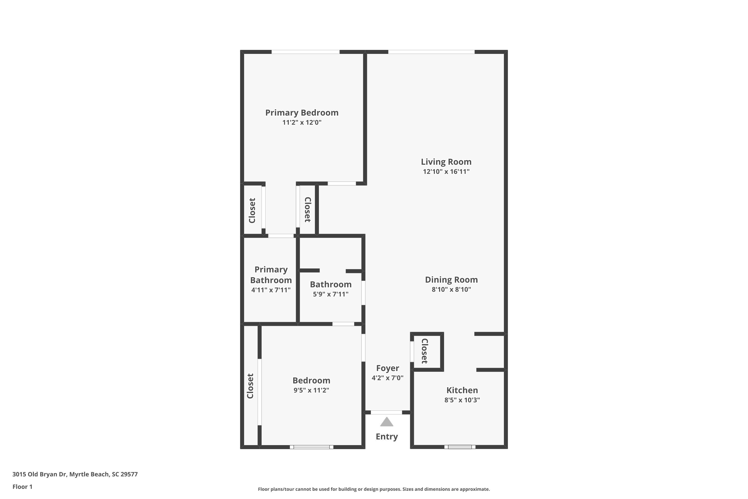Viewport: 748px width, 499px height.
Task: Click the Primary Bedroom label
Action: click(x=301, y=113)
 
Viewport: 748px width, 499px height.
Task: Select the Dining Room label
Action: click(x=451, y=280)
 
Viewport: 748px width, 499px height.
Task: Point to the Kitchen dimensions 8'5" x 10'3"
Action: click(x=462, y=400)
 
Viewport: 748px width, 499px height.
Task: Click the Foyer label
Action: click(x=387, y=368)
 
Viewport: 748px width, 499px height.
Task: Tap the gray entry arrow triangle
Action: click(x=387, y=422)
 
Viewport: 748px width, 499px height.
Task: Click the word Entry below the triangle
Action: click(x=387, y=437)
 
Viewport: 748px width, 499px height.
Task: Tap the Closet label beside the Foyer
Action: click(x=425, y=351)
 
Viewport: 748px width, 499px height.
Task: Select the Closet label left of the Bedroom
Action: click(x=250, y=386)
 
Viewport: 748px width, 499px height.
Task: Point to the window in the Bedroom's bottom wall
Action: click(x=311, y=447)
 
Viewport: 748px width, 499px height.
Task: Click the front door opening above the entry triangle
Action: click(x=386, y=412)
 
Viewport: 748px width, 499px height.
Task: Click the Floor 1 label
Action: click(x=22, y=487)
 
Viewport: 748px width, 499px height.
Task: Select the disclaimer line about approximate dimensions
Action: click(x=374, y=489)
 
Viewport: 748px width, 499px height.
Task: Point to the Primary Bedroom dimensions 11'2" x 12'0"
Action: click(x=301, y=123)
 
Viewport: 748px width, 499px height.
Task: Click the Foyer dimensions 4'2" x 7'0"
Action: click(x=387, y=378)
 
